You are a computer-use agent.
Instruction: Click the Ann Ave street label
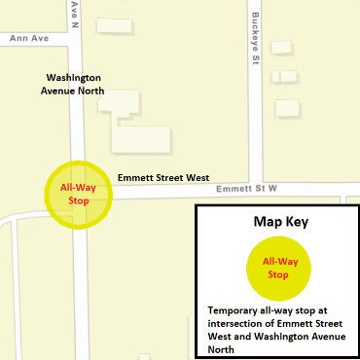[x=28, y=39]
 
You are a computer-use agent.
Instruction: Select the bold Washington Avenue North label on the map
[x=76, y=84]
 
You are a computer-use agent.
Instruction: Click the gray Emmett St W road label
[x=247, y=188]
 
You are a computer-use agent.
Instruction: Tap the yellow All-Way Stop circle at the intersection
[x=80, y=194]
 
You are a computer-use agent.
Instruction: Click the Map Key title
[x=276, y=222]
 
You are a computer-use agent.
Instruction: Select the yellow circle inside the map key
[x=277, y=268]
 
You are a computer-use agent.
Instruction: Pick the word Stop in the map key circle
[x=278, y=275]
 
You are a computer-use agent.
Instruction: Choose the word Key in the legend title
[x=297, y=222]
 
